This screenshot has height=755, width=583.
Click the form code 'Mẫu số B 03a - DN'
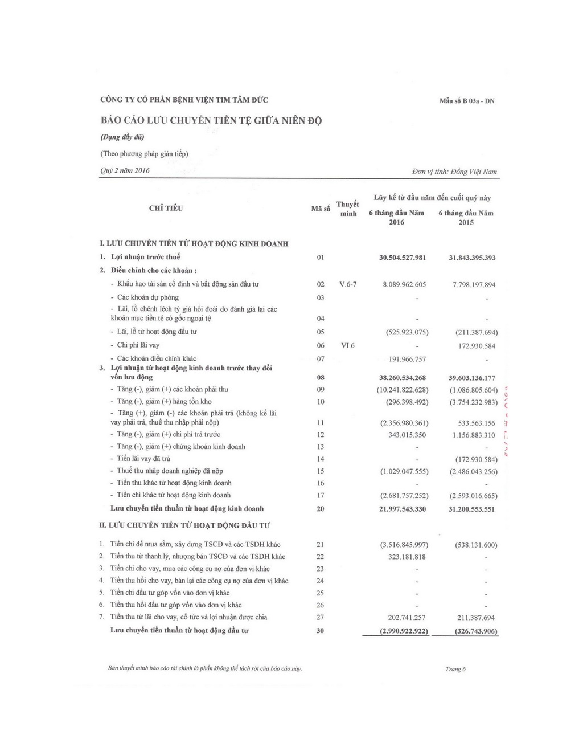coord(467,101)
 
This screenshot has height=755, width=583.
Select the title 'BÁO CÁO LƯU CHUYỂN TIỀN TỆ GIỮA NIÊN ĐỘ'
coord(211,121)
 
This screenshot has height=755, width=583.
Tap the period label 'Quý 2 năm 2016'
coord(125,170)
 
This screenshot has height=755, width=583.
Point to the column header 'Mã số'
coord(321,209)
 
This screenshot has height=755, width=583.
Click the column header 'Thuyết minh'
coord(348,209)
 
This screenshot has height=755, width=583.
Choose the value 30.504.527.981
coord(403,258)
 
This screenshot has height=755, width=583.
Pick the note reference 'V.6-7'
coord(347,284)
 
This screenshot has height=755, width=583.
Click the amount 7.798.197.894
coord(474,284)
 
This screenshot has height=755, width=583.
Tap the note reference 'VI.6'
coord(347,345)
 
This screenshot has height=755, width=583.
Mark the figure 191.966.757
coord(407,359)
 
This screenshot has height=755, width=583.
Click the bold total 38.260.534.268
coord(403,377)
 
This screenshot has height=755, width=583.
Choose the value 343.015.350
coord(407,435)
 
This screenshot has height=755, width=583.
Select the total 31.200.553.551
coord(472,509)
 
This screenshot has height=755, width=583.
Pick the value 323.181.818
coord(407,557)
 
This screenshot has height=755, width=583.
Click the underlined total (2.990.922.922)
coord(404,631)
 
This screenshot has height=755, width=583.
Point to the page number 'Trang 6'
coord(455,669)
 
